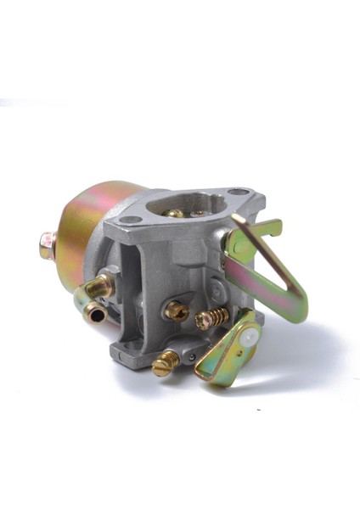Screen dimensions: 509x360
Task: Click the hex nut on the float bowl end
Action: [x=47, y=245]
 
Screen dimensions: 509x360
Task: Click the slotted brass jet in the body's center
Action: [x=177, y=311]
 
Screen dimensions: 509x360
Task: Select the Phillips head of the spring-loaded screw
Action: [x=202, y=322]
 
